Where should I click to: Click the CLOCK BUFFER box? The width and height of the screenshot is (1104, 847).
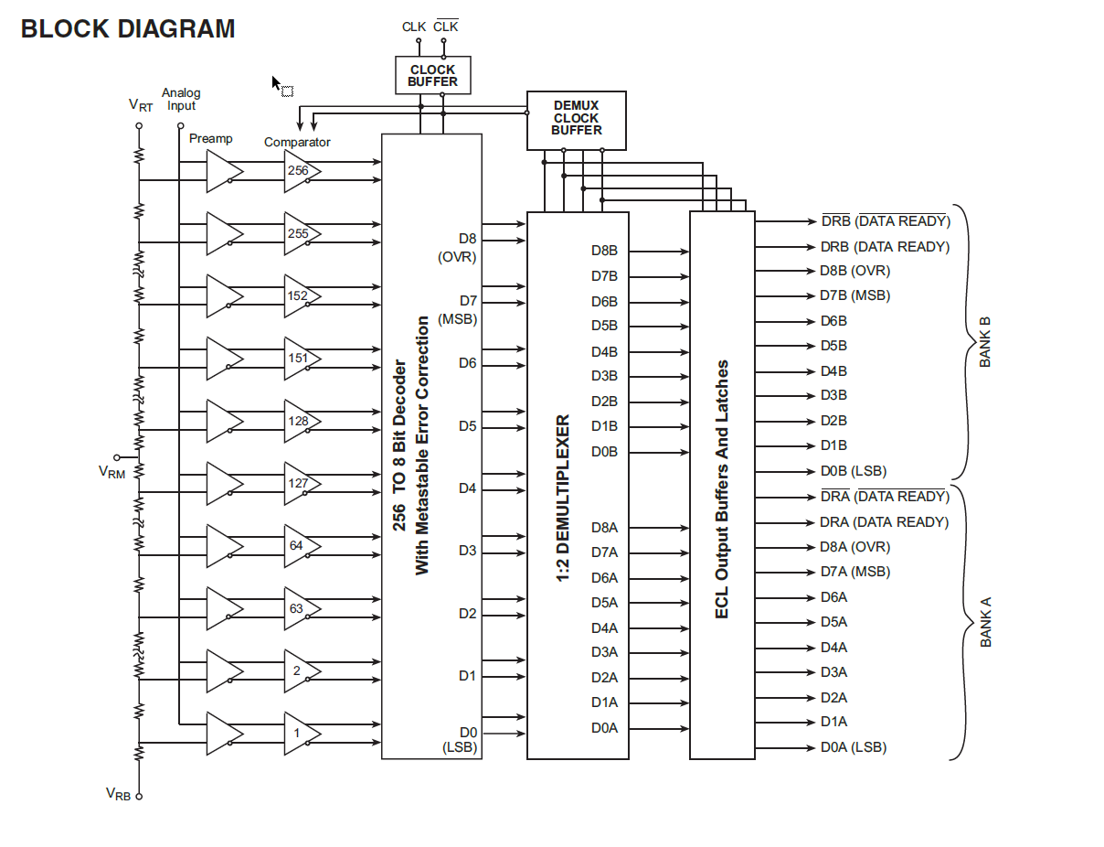pos(432,75)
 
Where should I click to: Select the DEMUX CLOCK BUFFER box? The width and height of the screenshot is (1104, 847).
pos(576,119)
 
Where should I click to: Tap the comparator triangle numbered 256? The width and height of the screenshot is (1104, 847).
pos(299,171)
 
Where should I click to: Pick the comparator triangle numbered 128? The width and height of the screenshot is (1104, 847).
pos(299,421)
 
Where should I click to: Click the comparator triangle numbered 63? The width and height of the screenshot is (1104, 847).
pos(298,608)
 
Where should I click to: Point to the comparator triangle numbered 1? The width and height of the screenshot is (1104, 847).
pos(298,734)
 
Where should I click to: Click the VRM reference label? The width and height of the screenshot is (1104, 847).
pos(111,472)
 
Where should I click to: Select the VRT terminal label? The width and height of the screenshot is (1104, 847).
pos(141,105)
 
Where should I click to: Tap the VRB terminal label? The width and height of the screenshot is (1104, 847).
pos(118,793)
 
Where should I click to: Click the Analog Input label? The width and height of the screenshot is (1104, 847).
pos(181,99)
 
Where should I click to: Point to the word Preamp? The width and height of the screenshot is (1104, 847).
pos(211,139)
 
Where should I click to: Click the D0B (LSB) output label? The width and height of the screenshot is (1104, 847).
pos(853,471)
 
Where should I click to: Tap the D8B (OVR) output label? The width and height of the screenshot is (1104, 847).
pos(855,271)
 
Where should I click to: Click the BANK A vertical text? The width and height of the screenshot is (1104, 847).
pos(986,622)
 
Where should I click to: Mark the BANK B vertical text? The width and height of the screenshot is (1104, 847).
pos(985,341)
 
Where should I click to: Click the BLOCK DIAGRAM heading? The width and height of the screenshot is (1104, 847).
pos(128,29)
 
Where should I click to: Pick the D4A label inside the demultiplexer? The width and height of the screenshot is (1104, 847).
pos(604,628)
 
